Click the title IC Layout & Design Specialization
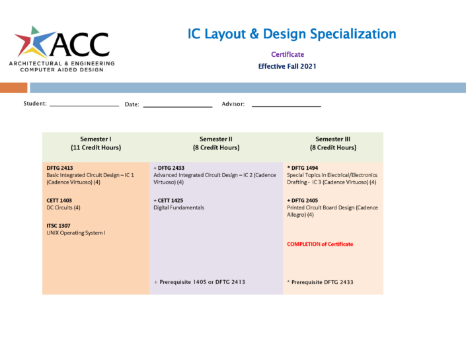291,34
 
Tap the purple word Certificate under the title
288,54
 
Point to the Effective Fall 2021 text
288,66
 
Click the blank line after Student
84,105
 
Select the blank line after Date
178,106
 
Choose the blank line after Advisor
286,106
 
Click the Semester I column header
96,143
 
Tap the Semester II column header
215,143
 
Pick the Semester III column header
332,143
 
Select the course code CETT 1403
59,200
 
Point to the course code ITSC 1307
59,225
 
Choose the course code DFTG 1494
304,168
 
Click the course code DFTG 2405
304,200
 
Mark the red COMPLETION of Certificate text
320,244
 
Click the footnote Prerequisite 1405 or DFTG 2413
199,282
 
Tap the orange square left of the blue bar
13,87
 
